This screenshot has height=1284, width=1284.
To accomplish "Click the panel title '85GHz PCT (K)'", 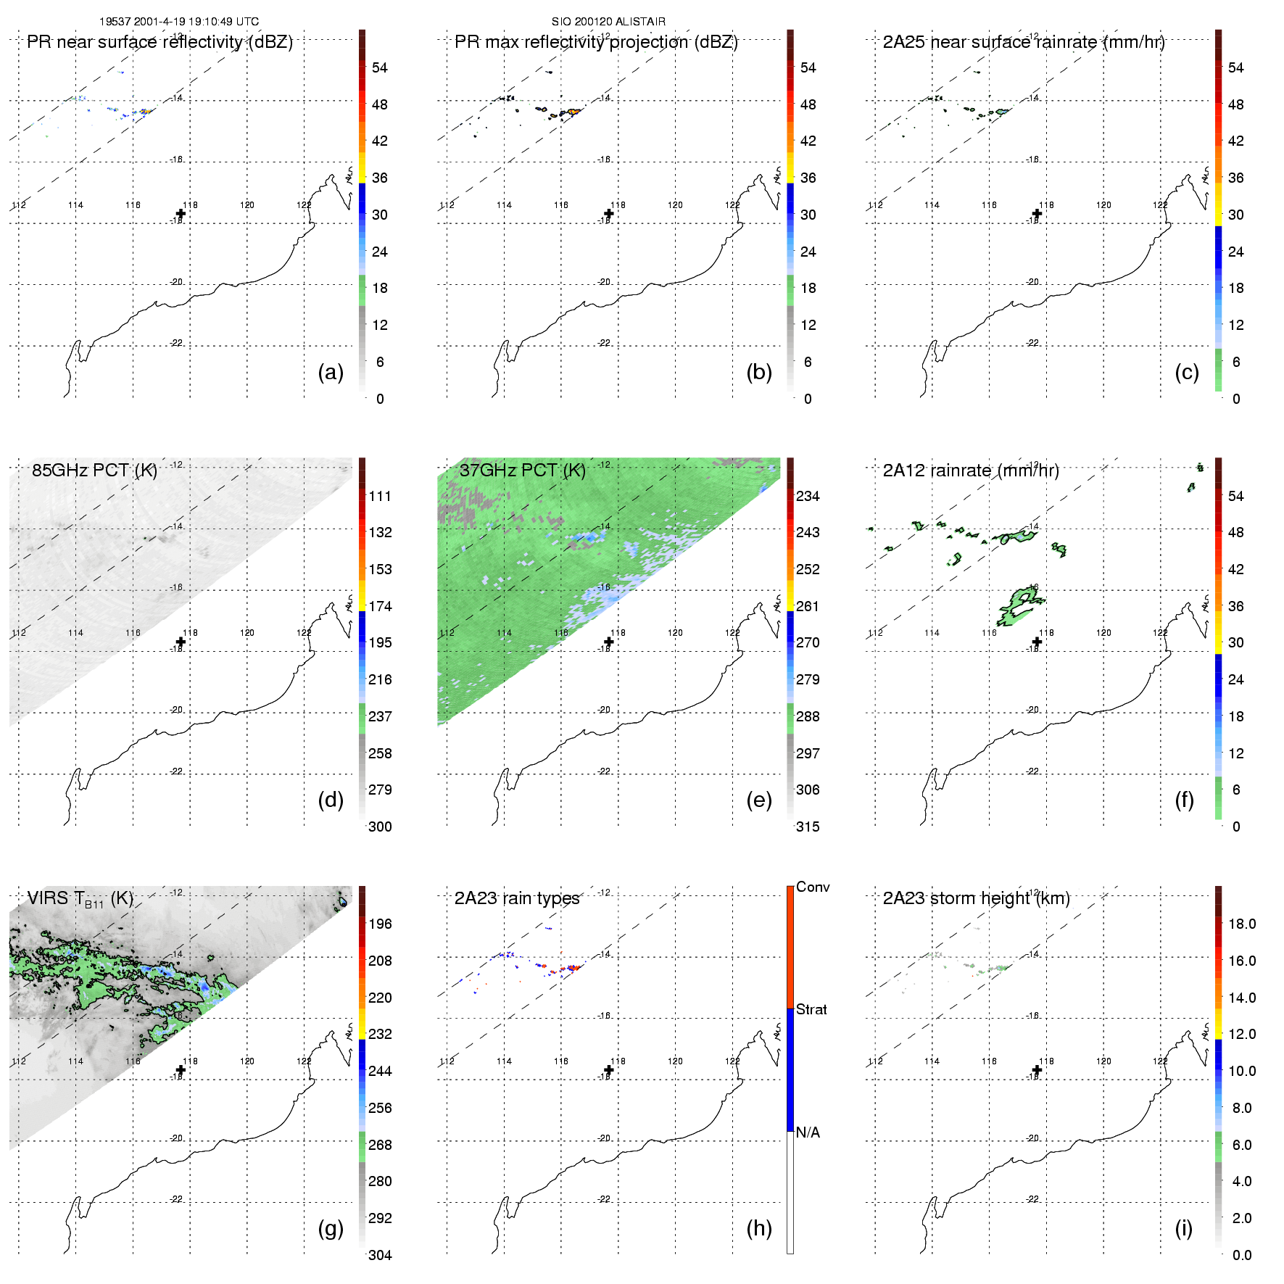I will (94, 471).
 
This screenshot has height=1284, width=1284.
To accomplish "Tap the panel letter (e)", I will (758, 800).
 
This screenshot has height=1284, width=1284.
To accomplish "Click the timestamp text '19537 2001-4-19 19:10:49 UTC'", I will (179, 22).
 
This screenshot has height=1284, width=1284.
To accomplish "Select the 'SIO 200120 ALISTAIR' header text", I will (608, 22).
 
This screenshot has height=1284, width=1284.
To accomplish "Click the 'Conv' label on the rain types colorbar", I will (813, 887).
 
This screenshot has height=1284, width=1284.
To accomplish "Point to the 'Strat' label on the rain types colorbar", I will (811, 1009).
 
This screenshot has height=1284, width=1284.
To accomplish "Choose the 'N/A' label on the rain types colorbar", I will (808, 1132).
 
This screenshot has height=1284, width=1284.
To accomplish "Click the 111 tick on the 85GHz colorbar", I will (380, 496).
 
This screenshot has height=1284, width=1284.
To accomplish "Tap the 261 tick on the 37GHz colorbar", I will (808, 606).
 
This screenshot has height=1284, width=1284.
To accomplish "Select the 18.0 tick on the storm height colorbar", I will (1242, 924).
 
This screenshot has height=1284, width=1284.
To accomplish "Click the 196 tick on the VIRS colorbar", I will (380, 924).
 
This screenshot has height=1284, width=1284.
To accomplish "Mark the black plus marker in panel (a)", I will (181, 213).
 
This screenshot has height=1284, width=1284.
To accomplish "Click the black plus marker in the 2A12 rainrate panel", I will (1037, 642).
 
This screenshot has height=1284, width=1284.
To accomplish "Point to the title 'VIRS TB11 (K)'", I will (80, 899).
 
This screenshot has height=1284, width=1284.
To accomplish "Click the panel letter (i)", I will (1183, 1228).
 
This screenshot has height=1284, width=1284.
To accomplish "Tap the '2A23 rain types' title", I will (517, 899).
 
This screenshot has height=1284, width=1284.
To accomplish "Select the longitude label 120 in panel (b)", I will (675, 205).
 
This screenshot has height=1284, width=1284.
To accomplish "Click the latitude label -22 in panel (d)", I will (177, 771).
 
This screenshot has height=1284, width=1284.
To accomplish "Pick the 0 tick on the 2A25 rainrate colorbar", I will (1236, 399).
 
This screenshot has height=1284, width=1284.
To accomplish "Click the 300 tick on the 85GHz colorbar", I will (380, 827).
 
